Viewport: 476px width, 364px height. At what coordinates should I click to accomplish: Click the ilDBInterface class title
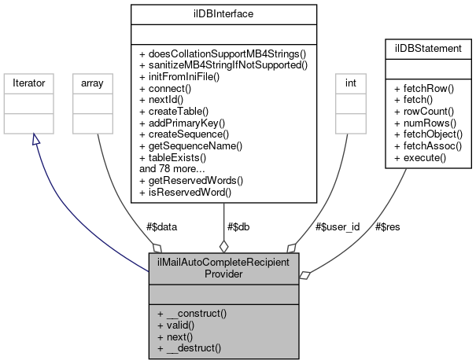point(224,13)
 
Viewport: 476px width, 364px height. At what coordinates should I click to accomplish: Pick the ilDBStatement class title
point(428,49)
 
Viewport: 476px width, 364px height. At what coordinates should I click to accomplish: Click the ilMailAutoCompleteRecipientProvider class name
point(223,267)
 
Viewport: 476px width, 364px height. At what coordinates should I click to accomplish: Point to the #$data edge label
point(162,226)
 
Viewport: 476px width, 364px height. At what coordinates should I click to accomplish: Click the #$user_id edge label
point(338,226)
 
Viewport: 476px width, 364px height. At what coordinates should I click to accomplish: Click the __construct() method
point(192,313)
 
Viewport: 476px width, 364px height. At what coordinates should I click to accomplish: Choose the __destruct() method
point(189,347)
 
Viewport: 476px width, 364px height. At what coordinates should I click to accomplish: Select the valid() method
point(177,324)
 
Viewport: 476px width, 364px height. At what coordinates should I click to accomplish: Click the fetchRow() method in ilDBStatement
point(426,89)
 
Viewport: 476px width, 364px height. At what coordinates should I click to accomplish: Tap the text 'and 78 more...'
point(172,168)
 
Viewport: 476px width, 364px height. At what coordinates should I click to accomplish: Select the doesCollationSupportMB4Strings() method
point(223,53)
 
